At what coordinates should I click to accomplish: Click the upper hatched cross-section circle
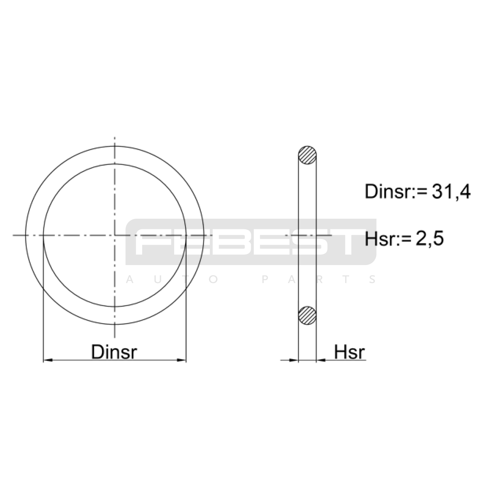click(307, 155)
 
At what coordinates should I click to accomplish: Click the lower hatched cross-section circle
click(307, 315)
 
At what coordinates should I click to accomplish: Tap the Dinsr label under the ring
click(114, 352)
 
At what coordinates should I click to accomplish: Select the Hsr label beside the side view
click(350, 352)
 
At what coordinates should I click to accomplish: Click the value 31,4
click(451, 191)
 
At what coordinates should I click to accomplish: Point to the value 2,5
click(430, 238)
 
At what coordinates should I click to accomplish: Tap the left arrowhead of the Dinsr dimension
click(48, 360)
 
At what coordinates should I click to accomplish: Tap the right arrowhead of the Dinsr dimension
click(182, 360)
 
